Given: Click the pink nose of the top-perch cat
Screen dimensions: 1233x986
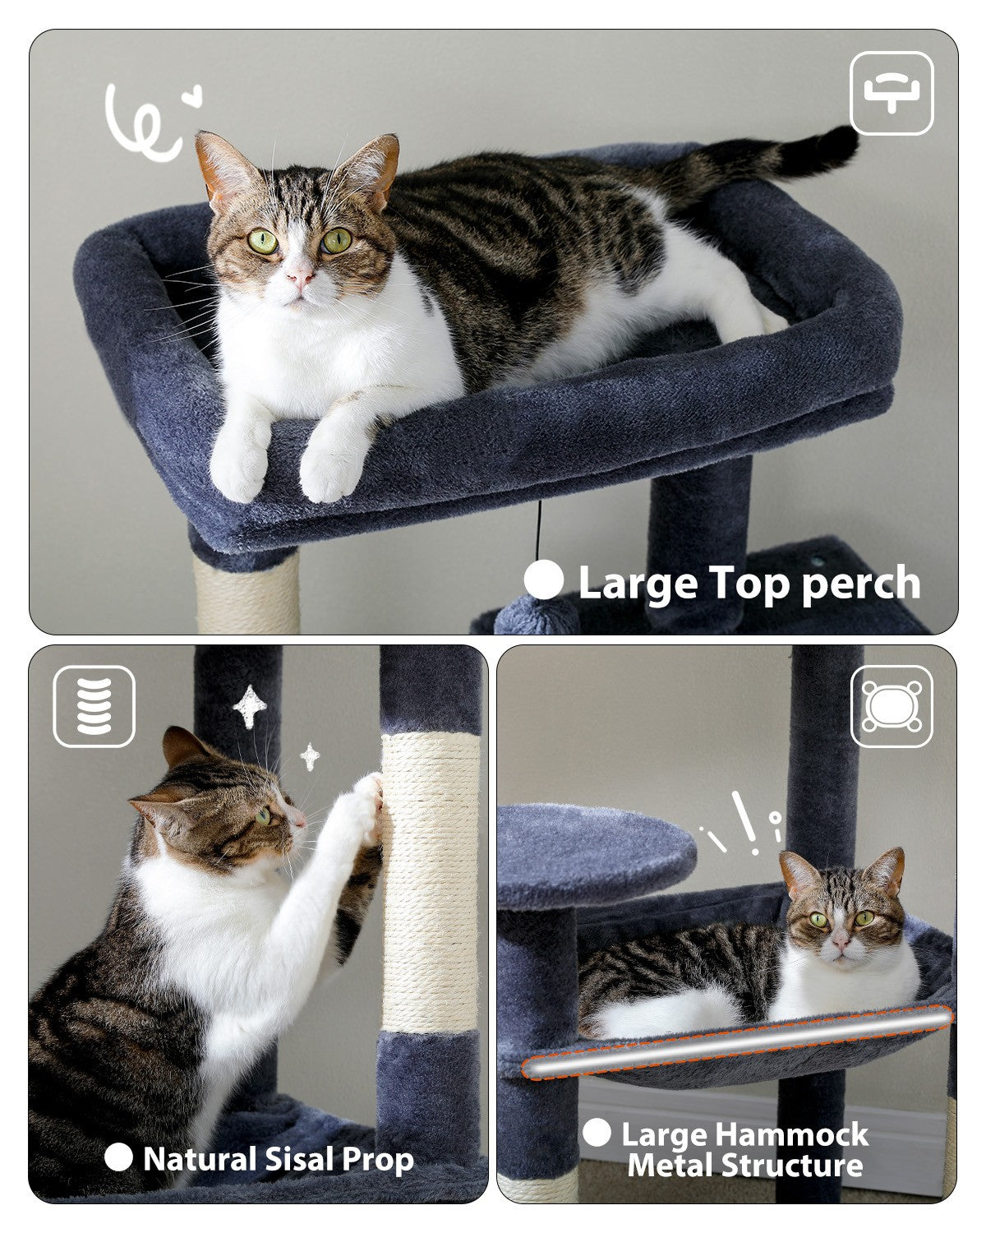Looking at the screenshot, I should [x=301, y=275].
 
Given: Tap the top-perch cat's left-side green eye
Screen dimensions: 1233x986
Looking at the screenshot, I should [x=263, y=242].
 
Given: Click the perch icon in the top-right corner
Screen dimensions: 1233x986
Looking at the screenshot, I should [x=892, y=94].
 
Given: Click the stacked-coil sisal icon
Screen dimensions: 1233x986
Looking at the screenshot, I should [x=94, y=706].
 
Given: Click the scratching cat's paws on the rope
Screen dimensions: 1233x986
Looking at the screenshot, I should [x=368, y=801].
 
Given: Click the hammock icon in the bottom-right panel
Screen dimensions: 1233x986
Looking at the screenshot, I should [x=892, y=706].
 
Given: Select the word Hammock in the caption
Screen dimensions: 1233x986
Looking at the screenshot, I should [x=792, y=1134].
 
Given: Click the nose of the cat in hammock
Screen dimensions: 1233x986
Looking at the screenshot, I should [x=840, y=937].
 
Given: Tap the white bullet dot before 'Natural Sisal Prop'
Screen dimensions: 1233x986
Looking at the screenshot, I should [x=118, y=1157].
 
